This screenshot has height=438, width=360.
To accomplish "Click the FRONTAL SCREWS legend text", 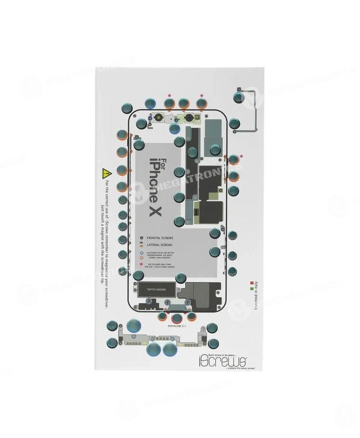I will [x=160, y=237].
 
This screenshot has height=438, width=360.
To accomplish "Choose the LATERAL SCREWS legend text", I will [x=160, y=244].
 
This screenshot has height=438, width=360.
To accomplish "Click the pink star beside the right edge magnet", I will [x=242, y=156].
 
